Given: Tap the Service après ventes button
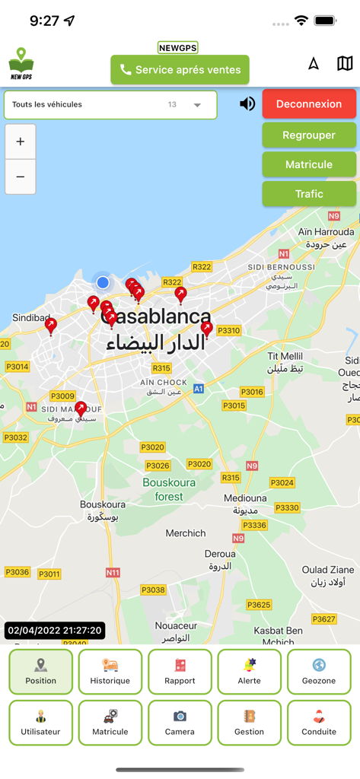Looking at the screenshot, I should pos(180,70).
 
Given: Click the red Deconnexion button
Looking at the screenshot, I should pos(309,103).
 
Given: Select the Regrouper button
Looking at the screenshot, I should pos(309,135).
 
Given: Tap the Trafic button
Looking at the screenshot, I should pos(309,194).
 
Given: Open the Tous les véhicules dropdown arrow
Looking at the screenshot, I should pos(197,105).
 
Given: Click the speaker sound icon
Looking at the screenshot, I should pos(247,103).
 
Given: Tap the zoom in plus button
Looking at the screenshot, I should pos(21,141).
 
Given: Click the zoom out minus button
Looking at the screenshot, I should pos(21,176).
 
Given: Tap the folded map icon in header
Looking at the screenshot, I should pos(345,63).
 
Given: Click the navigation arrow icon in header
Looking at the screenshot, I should pos(314,63).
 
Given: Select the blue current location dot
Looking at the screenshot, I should pos(103,282).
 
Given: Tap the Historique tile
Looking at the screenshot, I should pos(110,672).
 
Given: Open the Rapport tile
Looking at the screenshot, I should pos(180,672).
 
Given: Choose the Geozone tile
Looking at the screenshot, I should pos(318,672).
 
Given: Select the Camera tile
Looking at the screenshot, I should pos(180,723).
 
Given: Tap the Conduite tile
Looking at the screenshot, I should pos(318,723).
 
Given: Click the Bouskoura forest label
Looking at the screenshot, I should pos(169,489).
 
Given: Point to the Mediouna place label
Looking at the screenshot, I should pos(245,498).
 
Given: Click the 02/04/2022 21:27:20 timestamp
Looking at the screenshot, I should pos(55,631).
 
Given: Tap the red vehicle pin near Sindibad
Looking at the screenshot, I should pos(51,326).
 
